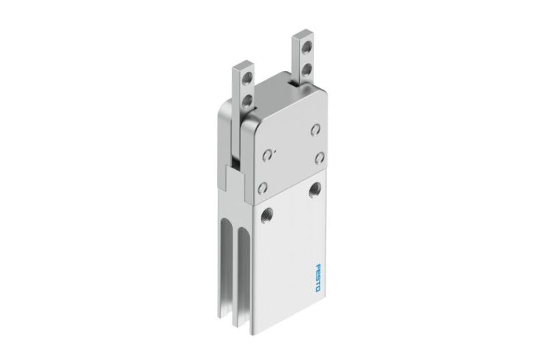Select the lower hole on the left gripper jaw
(247, 100)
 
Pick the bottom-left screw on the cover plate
(263, 187)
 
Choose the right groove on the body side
(241, 280)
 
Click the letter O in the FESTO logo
(319, 289)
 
